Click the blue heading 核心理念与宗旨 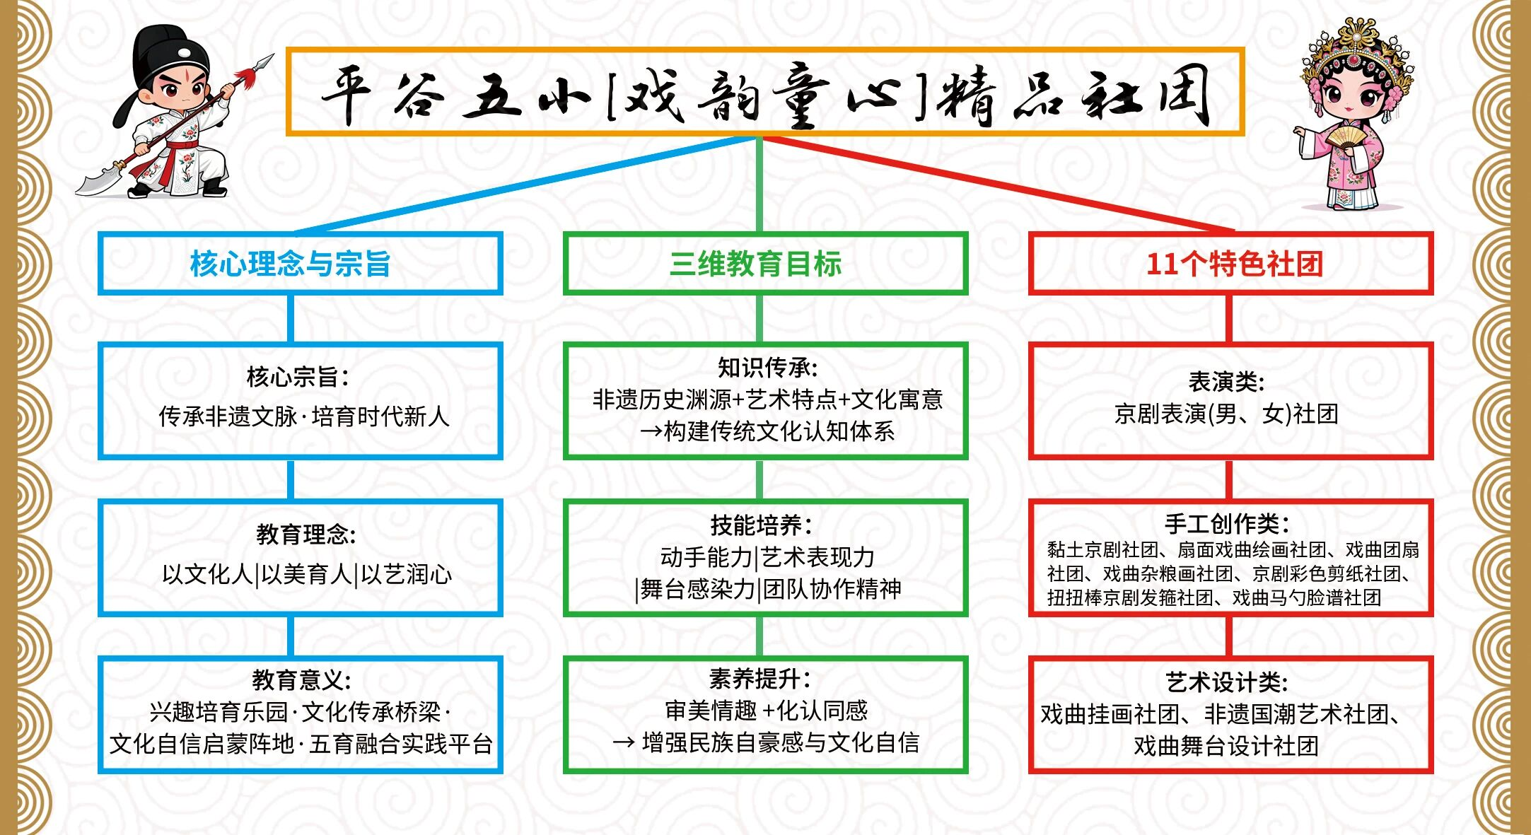point(290,264)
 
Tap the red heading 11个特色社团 point(1234,264)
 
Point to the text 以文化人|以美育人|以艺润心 point(306,574)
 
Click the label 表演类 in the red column point(1226,382)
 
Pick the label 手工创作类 point(1227,524)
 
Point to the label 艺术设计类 point(1227,682)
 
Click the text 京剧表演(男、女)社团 point(1226,414)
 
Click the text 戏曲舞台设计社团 point(1226,745)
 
